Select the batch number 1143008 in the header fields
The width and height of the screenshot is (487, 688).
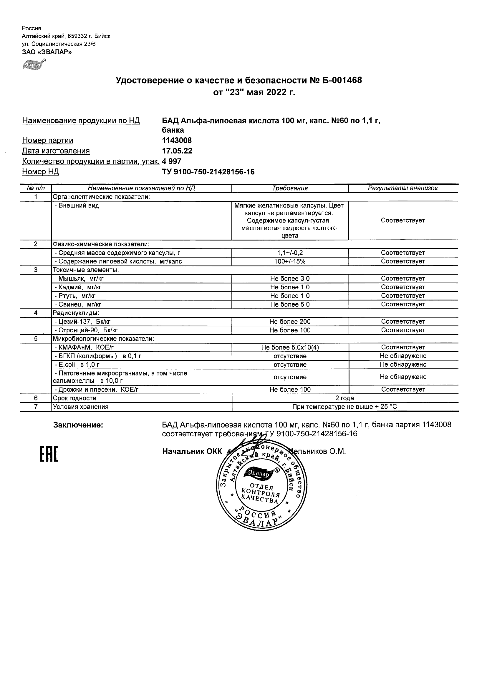[x=177, y=140]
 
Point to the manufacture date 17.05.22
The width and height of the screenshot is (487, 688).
[x=177, y=151]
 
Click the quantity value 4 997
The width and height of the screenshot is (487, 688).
[x=172, y=161]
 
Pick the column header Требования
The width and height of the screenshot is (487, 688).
[x=290, y=188]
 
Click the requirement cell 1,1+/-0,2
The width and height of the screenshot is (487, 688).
[x=290, y=253]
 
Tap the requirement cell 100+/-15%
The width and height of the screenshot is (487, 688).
[x=290, y=261]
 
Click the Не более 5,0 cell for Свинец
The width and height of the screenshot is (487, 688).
[x=290, y=304]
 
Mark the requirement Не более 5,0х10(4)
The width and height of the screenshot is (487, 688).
[x=290, y=348]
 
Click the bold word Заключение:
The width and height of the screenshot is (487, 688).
[x=78, y=425]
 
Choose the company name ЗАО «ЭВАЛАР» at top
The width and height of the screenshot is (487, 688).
[x=47, y=52]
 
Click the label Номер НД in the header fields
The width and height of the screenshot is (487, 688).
[x=41, y=172]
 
